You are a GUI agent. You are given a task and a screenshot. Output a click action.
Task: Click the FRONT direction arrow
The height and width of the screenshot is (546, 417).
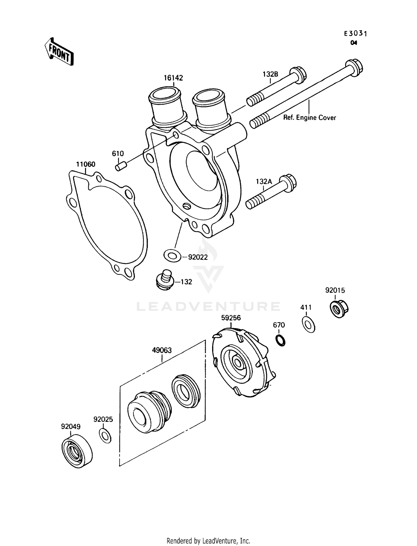click(x=59, y=52)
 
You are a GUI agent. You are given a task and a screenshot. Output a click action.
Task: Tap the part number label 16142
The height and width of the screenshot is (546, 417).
click(x=173, y=78)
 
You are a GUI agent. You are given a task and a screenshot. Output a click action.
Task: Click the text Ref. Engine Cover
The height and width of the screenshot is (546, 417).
click(x=309, y=118)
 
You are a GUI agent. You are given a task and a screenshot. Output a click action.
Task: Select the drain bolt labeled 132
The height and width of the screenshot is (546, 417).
click(x=164, y=280)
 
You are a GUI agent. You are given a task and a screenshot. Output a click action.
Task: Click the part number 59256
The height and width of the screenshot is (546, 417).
click(x=231, y=318)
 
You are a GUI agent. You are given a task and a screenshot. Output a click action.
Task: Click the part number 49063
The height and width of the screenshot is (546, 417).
click(x=162, y=350)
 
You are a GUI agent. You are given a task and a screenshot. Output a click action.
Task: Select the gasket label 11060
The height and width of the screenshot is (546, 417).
click(x=86, y=164)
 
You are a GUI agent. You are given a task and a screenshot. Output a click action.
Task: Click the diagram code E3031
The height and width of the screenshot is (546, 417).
click(x=356, y=34)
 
